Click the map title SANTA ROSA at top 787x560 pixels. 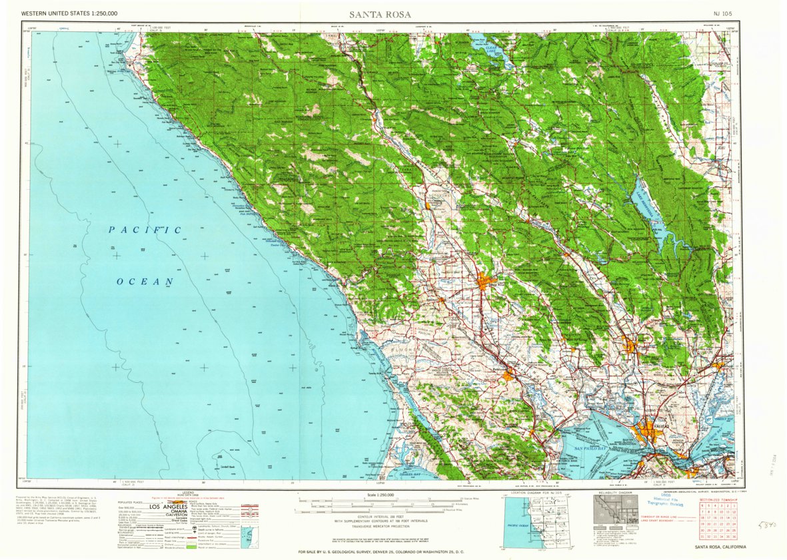click(381, 14)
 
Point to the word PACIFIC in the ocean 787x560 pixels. click(146, 230)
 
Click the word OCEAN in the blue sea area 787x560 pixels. click(145, 282)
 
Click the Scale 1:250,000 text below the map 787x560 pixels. click(381, 495)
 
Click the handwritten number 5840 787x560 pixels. click(770, 525)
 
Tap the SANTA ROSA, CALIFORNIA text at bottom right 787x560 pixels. click(720, 547)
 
